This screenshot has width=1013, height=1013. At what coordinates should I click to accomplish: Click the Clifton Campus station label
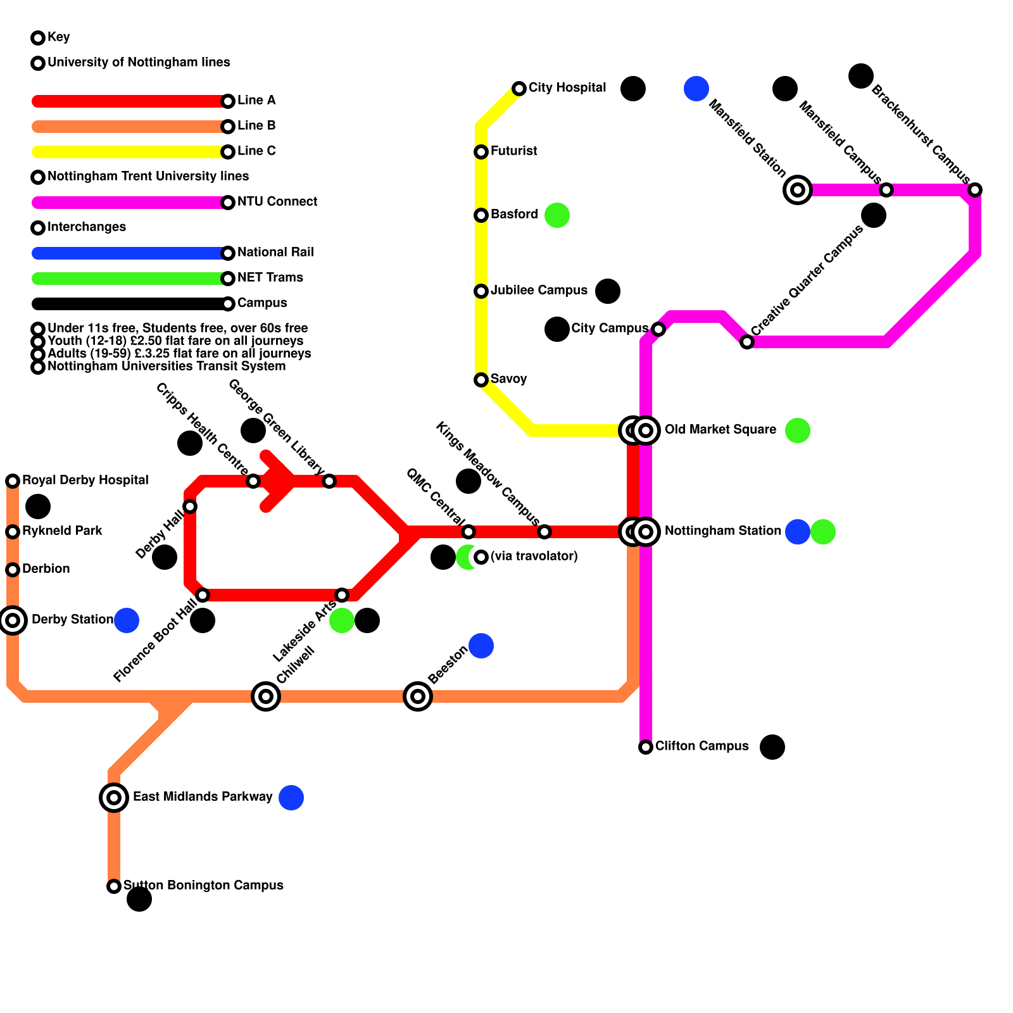(x=702, y=746)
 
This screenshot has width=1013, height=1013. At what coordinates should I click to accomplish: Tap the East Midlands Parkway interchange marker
(x=114, y=798)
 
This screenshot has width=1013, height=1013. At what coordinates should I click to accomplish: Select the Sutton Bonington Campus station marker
(x=114, y=886)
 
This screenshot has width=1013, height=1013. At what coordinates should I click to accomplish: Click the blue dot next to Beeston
(x=481, y=646)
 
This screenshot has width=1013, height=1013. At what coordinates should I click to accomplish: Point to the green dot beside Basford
(x=557, y=215)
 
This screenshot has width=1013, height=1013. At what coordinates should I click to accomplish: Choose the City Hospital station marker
(x=519, y=89)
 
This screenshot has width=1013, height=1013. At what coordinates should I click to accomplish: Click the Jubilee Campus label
(x=539, y=291)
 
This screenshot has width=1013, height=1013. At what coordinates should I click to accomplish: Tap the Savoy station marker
(x=481, y=380)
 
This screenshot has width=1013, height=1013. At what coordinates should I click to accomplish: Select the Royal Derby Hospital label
(x=85, y=480)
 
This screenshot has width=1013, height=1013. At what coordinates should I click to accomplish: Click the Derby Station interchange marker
(x=13, y=620)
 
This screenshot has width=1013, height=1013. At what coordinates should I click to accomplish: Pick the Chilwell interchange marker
(x=266, y=696)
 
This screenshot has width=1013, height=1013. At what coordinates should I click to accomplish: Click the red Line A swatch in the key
(x=130, y=101)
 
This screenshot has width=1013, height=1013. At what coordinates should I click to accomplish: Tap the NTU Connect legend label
(x=277, y=201)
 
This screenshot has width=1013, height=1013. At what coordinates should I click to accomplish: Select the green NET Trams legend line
(x=130, y=279)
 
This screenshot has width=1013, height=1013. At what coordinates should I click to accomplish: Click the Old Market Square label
(x=720, y=429)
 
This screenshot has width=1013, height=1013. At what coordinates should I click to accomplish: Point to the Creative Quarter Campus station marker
(x=747, y=342)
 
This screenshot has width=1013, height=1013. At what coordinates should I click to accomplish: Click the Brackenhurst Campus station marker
(x=975, y=190)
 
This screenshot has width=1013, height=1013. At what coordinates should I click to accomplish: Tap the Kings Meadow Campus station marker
(x=544, y=532)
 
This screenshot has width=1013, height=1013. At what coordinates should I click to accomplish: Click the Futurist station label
(x=513, y=151)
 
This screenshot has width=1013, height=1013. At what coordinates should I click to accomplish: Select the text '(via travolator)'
(x=534, y=556)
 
